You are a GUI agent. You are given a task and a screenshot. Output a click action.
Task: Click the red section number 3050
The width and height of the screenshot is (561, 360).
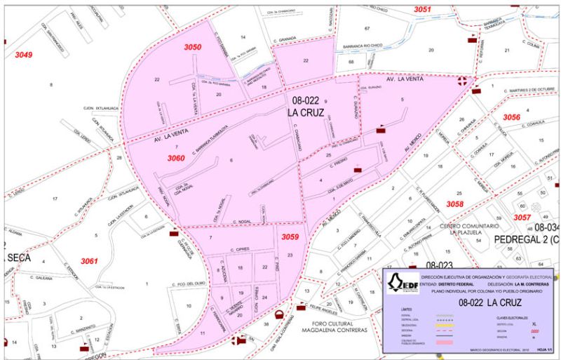[193, 47]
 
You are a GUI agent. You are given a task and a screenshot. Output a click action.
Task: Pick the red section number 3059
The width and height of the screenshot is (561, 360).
[290, 237]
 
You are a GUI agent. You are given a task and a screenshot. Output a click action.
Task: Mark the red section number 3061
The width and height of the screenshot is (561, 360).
[89, 261]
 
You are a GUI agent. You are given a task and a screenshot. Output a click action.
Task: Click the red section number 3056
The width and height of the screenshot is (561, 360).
[512, 117]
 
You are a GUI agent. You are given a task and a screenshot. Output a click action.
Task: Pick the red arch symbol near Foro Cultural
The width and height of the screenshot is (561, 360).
[280, 314]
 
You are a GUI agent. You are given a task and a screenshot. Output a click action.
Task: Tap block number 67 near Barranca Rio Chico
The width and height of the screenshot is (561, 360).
[367, 27]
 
